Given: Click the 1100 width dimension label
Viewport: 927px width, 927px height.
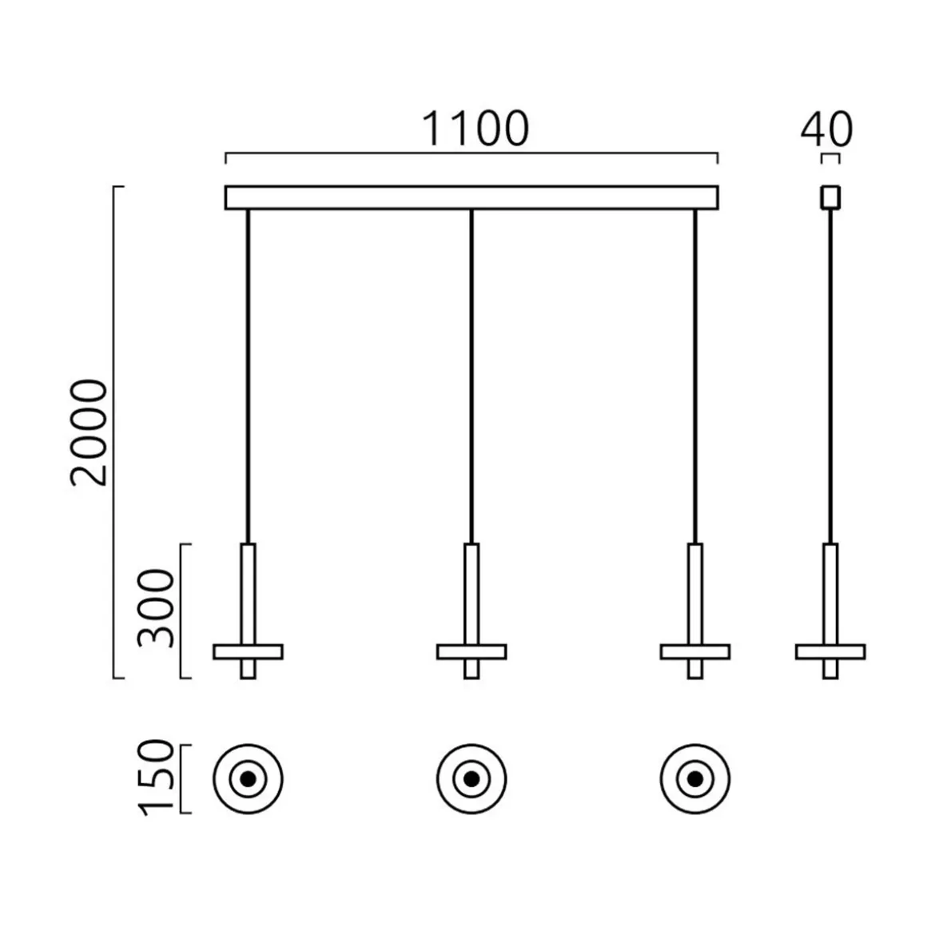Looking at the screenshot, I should point(475,129).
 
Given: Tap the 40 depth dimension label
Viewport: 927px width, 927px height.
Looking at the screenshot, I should point(826,129).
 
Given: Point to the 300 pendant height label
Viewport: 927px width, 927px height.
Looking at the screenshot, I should point(156,609).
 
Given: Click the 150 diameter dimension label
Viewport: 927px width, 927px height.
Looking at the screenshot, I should point(156,778).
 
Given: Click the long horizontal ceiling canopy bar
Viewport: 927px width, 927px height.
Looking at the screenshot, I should point(471,197).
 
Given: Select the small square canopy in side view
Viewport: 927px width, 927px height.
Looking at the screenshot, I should point(830,197).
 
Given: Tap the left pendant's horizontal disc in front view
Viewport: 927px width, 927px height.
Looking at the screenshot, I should point(248,651).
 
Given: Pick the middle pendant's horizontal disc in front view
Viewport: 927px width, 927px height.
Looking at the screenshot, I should point(471,651).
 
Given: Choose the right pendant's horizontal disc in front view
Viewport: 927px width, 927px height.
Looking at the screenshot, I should point(694,651).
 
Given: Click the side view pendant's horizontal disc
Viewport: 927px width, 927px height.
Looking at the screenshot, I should point(830,651).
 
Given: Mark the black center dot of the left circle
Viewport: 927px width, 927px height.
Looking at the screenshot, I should point(248,778).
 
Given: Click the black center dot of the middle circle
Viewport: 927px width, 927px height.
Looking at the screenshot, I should point(471,778).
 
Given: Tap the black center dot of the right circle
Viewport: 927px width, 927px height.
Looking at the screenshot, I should point(694,778).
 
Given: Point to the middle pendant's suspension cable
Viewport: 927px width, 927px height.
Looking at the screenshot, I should point(471,376).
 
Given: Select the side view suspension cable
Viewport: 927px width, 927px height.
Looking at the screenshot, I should point(830,376).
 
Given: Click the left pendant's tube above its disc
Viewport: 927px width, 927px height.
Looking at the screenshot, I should point(248,593).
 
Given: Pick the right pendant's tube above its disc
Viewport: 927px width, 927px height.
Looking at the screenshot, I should point(694,593).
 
